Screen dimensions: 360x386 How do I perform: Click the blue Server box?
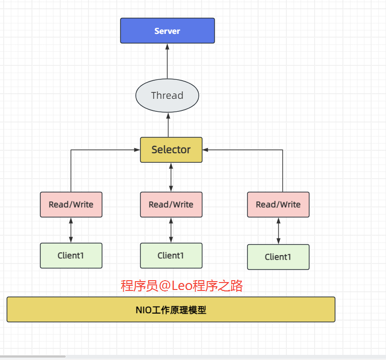pos(167,31)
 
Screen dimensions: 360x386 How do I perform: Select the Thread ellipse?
pos(167,96)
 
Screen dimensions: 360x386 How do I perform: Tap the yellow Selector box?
pos(171,150)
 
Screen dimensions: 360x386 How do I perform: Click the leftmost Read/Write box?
pos(71,205)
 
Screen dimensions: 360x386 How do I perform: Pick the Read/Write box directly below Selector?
pos(171,205)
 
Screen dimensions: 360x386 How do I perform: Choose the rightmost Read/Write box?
pos(278,205)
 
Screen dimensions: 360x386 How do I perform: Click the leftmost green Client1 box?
pos(71,256)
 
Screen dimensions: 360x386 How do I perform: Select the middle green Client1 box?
pos(171,256)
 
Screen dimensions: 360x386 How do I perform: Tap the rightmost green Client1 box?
pos(278,257)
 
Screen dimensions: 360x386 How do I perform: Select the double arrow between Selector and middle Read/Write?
pos(171,177)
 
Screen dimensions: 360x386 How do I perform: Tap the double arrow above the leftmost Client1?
pos(71,230)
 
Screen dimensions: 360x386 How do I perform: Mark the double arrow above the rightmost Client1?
pos(278,231)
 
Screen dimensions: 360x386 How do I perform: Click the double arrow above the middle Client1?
pos(171,230)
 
